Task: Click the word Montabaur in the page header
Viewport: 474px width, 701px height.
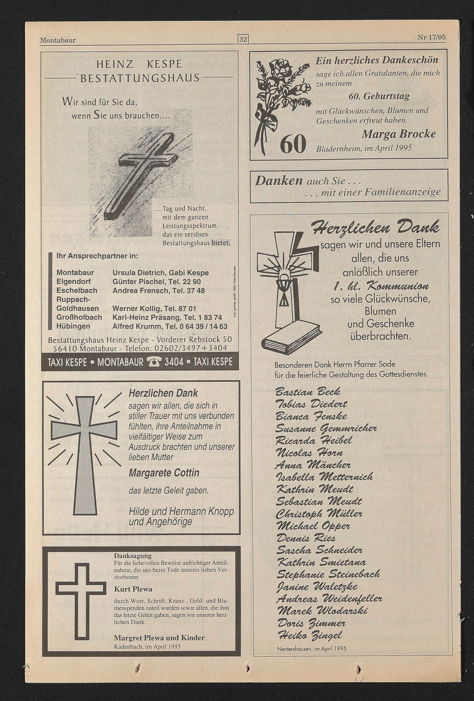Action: pyautogui.click(x=58, y=40)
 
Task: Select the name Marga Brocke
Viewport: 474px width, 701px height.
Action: pyautogui.click(x=399, y=134)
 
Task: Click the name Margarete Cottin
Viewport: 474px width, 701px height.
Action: pyautogui.click(x=164, y=472)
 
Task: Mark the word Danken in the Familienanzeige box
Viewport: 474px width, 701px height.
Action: pyautogui.click(x=279, y=181)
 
